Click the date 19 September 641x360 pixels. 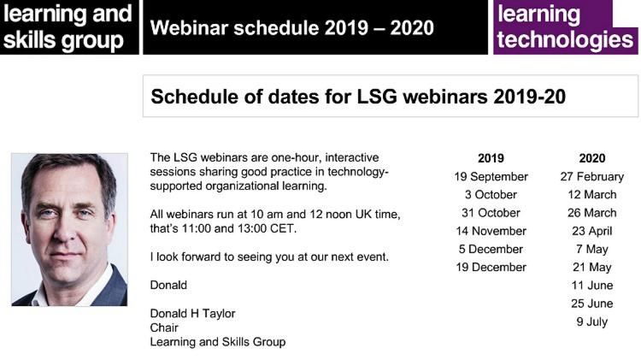tap(491, 177)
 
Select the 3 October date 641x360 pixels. tap(491, 195)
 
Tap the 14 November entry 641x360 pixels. tap(491, 231)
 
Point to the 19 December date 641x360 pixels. tap(491, 267)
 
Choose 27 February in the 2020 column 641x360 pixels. tap(592, 177)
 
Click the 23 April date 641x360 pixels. tap(592, 231)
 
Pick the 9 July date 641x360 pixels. tap(592, 322)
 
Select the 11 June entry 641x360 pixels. tap(592, 286)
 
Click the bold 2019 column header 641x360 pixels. tap(491, 158)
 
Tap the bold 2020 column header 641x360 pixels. tap(592, 158)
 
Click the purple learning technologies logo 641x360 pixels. tap(566, 27)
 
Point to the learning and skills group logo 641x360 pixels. tap(69, 27)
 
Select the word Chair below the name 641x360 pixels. tap(164, 328)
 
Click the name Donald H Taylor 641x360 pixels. tap(192, 314)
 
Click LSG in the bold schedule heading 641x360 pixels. tap(377, 97)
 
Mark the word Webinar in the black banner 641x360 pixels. tap(183, 28)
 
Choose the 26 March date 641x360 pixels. tap(592, 213)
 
